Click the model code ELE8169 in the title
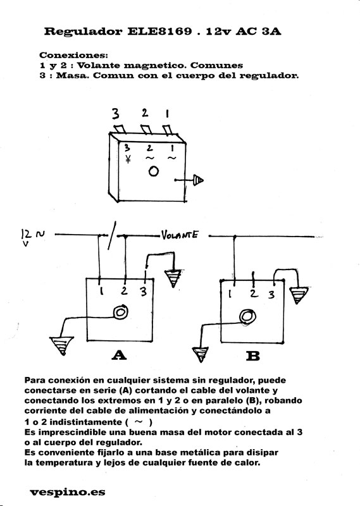(x=159, y=31)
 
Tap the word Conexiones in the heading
(x=72, y=55)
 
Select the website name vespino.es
(x=68, y=492)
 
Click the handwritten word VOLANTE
(x=180, y=235)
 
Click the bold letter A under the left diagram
(x=119, y=355)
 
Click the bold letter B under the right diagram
(x=253, y=356)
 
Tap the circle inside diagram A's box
(x=120, y=312)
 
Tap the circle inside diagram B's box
(x=247, y=317)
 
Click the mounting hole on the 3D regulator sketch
(x=153, y=171)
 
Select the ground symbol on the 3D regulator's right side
(x=198, y=180)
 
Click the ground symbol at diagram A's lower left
(x=61, y=345)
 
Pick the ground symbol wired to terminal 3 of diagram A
(x=174, y=278)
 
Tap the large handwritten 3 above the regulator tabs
(x=115, y=114)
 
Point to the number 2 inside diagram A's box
(x=124, y=290)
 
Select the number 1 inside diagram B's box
(x=230, y=293)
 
